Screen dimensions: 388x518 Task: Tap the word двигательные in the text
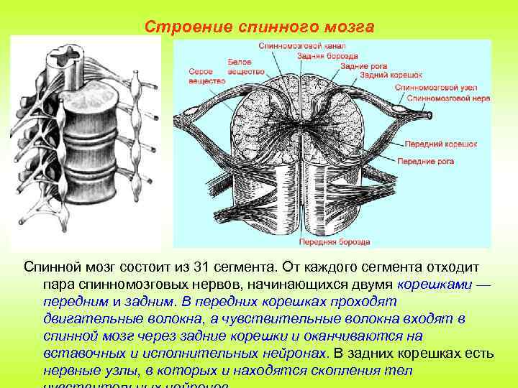[88, 319]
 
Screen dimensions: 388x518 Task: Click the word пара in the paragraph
[58, 285]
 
